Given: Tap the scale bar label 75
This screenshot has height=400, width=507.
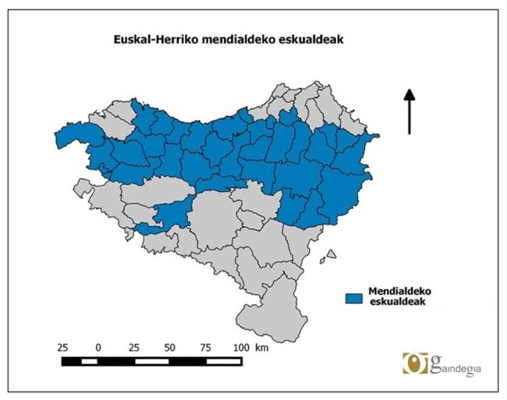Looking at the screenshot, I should [206, 345].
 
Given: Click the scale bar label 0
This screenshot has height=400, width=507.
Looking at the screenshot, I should [98, 345].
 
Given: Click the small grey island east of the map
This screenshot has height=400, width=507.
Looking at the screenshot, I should [331, 254].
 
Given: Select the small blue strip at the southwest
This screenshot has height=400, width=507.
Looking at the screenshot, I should [149, 229].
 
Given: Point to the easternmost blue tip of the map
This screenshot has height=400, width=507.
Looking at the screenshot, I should [377, 138].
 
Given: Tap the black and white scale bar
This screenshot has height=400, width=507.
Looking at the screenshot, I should [152, 361].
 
